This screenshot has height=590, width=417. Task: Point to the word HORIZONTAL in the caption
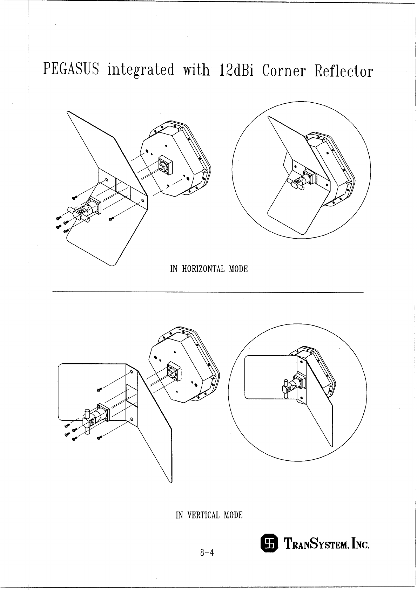tap(204, 269)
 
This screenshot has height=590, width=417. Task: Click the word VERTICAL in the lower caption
tap(203, 515)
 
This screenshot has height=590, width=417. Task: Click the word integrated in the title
tap(141, 70)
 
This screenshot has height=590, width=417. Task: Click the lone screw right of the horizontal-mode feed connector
tap(111, 219)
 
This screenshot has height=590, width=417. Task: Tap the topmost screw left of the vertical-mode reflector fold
tap(99, 390)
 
